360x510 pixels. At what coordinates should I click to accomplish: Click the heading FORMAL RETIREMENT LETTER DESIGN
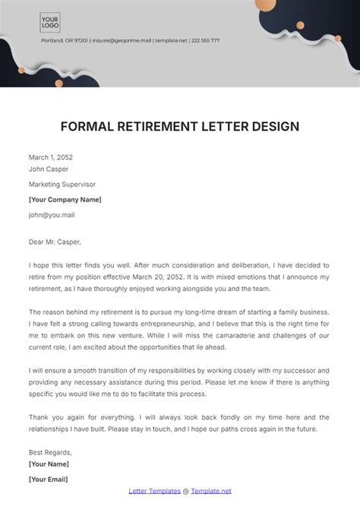[x=180, y=125]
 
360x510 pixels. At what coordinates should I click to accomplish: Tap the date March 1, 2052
[x=51, y=157]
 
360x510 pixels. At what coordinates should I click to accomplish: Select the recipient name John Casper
[x=48, y=170]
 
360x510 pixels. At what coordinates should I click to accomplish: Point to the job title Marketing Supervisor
[x=62, y=184]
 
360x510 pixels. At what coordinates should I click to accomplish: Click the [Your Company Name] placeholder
[x=65, y=199]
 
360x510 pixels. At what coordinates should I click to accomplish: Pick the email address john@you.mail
[x=52, y=214]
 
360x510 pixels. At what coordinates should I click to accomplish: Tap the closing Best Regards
[x=50, y=451]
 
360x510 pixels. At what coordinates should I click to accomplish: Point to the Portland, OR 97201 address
[x=65, y=40]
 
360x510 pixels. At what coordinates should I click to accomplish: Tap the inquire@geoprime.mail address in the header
[x=121, y=40]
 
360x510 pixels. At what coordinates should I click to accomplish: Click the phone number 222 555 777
[x=205, y=40]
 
